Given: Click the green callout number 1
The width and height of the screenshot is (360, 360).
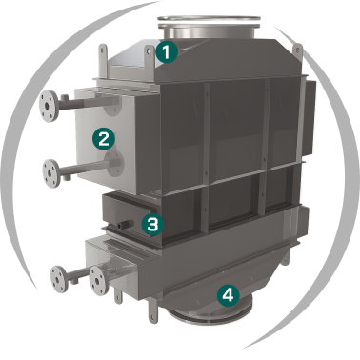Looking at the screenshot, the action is pyautogui.click(x=167, y=51).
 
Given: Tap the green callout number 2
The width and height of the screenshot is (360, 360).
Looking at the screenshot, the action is pyautogui.click(x=104, y=138).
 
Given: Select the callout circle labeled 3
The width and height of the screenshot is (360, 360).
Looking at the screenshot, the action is pyautogui.click(x=152, y=224).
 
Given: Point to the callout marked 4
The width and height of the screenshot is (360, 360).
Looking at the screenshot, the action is pyautogui.click(x=229, y=295).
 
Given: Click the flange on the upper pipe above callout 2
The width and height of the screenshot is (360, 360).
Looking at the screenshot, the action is pyautogui.click(x=49, y=106).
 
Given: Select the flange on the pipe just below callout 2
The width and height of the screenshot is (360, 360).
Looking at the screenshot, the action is pyautogui.click(x=51, y=173).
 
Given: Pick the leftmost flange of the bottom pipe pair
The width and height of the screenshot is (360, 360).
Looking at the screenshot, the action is pyautogui.click(x=59, y=278).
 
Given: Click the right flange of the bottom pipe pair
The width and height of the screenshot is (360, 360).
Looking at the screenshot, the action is pyautogui.click(x=99, y=280).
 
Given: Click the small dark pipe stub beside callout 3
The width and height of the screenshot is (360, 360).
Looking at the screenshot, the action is pyautogui.click(x=125, y=225).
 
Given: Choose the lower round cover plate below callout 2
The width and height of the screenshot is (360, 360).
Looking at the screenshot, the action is pyautogui.click(x=114, y=163).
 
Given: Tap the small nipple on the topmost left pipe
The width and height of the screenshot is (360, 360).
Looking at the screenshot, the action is pyautogui.click(x=65, y=97).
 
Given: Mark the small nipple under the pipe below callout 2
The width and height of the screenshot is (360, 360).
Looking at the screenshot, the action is pyautogui.click(x=67, y=177).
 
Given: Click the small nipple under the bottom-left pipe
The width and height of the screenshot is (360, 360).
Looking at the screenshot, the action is pyautogui.click(x=74, y=281).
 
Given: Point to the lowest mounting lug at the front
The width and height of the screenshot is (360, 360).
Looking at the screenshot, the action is pyautogui.click(x=152, y=311).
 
